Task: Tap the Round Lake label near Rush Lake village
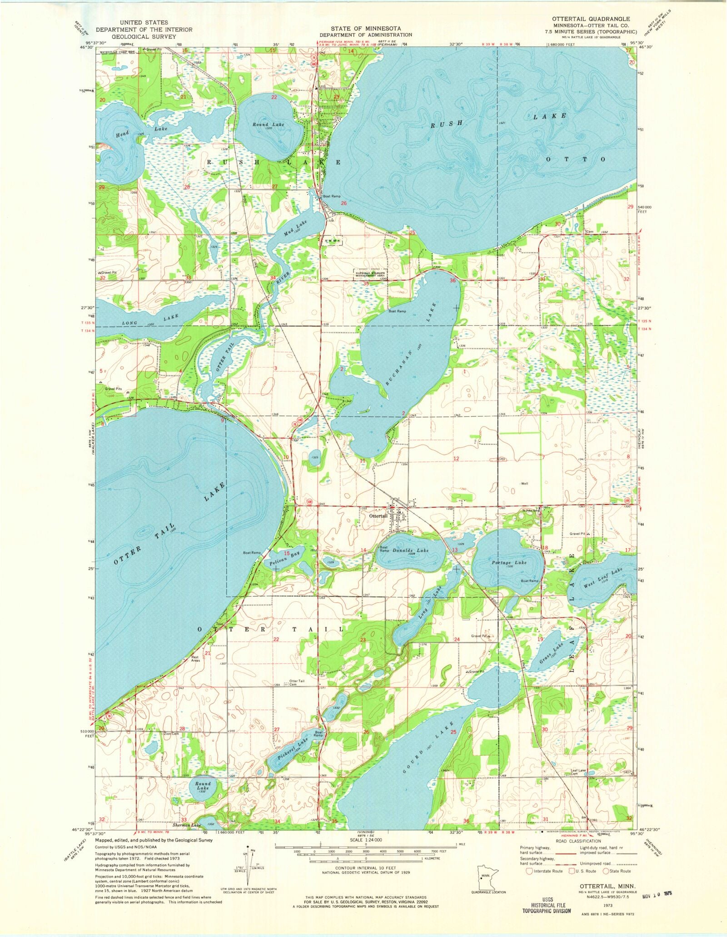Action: click(x=269, y=124)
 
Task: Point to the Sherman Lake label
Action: click(x=189, y=825)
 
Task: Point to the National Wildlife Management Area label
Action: click(x=370, y=273)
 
